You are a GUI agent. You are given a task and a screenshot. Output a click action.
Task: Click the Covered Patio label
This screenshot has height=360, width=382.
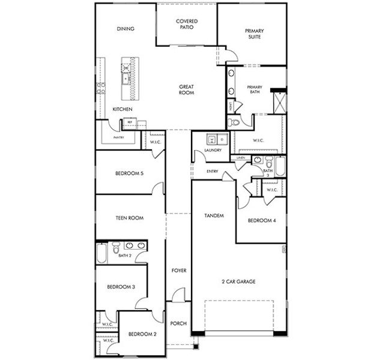click(186, 25)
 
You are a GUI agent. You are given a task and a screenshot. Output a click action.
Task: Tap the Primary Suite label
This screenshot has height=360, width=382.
click(255, 34)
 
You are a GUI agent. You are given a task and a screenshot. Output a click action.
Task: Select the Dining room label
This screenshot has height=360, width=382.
click(126, 28)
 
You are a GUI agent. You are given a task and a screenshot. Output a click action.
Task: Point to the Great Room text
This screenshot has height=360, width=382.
click(186, 90)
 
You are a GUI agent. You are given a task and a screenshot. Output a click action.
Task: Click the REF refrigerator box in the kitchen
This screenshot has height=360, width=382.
click(129, 122)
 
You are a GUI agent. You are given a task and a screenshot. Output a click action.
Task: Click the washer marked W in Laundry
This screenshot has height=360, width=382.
click(211, 139)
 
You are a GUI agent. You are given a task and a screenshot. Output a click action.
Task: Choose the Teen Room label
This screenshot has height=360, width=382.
click(129, 218)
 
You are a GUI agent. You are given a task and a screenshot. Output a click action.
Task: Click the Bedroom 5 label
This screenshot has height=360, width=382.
click(129, 175)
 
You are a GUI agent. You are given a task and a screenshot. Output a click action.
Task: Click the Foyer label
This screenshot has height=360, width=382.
click(178, 271)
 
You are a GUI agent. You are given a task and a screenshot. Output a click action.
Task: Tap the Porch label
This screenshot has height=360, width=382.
click(178, 323)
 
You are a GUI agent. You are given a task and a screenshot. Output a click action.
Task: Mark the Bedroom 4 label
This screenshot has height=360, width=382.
click(262, 220)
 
